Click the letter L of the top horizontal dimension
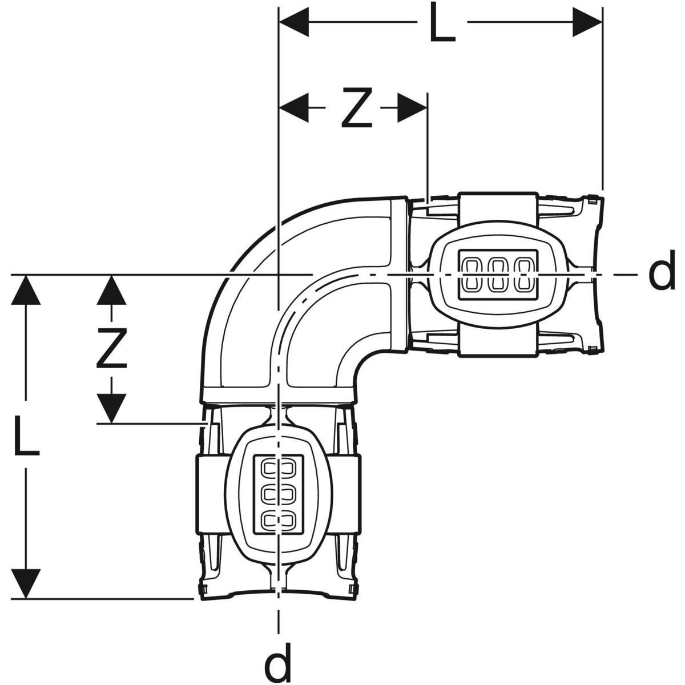click(x=442, y=23)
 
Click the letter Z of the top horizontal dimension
click(x=357, y=107)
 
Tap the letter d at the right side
click(x=662, y=275)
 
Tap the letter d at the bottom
click(x=278, y=661)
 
